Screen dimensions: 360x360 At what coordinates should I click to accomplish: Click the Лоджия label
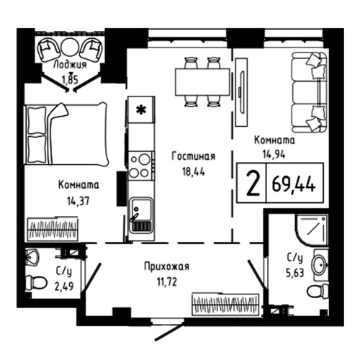click(70, 64)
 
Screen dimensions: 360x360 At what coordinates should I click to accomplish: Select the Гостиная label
click(193, 156)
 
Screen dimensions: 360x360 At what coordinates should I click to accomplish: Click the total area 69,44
click(294, 185)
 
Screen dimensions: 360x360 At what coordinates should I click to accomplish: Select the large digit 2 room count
click(251, 184)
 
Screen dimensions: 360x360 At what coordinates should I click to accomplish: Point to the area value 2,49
click(63, 283)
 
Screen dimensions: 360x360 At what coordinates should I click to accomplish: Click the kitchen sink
click(140, 215)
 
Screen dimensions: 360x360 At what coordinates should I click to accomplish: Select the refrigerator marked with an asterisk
click(141, 111)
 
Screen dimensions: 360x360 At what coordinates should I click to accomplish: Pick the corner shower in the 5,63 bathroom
click(311, 228)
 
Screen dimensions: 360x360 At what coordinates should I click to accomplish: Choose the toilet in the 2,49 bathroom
click(33, 281)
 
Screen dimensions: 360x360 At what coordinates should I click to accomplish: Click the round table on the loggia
click(70, 47)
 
